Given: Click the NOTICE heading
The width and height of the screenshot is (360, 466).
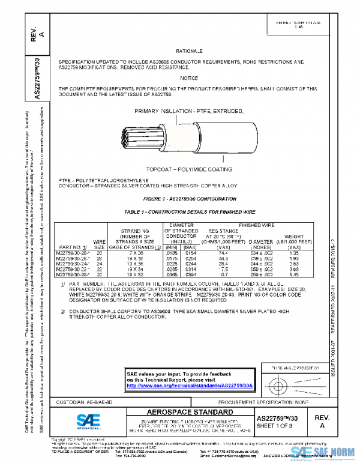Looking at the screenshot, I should click(x=189, y=78).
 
